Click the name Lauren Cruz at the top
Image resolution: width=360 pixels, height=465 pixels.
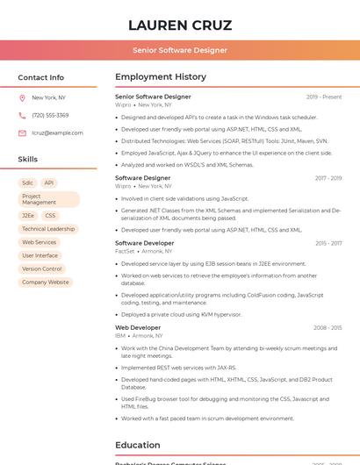pyautogui.click(x=180, y=25)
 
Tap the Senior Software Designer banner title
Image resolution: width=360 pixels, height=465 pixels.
pyautogui.click(x=180, y=50)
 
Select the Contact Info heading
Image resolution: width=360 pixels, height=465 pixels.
pyautogui.click(x=41, y=77)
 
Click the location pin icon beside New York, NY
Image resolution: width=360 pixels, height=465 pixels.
pyautogui.click(x=22, y=97)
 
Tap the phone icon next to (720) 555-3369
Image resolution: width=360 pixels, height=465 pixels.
pyautogui.click(x=22, y=115)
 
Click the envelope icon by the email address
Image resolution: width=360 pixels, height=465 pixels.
pyautogui.click(x=22, y=132)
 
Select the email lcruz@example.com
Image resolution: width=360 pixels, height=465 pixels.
pyautogui.click(x=57, y=132)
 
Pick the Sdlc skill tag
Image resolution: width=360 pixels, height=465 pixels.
pyautogui.click(x=28, y=183)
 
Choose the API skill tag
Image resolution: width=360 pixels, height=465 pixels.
pyautogui.click(x=49, y=183)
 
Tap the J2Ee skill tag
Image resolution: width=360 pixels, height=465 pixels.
pyautogui.click(x=28, y=215)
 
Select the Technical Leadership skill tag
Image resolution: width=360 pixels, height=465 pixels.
pyautogui.click(x=48, y=229)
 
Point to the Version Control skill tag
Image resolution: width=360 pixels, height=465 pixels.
pyautogui.click(x=42, y=268)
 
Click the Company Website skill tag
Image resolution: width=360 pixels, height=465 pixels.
pyautogui.click(x=46, y=283)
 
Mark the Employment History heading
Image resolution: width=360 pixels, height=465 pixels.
pyautogui.click(x=161, y=77)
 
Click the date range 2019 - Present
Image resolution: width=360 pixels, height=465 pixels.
pyautogui.click(x=324, y=97)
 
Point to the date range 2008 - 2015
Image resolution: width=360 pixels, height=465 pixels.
pyautogui.click(x=328, y=327)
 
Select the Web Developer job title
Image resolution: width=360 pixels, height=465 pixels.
pyautogui.click(x=138, y=327)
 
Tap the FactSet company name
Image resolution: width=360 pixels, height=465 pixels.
pyautogui.click(x=125, y=251)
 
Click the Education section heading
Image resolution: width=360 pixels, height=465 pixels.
pyautogui.click(x=138, y=445)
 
